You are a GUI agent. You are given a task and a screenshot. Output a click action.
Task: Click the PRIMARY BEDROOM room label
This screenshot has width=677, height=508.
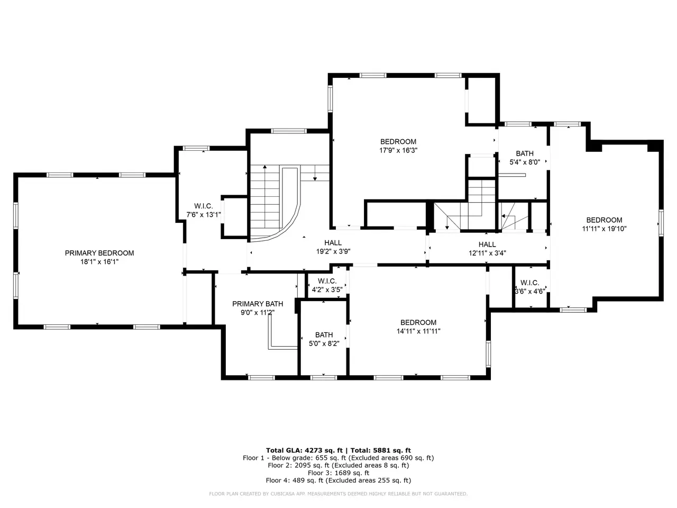[99, 253]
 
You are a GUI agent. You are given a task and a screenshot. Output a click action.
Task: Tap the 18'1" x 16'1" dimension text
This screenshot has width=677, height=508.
[99, 262]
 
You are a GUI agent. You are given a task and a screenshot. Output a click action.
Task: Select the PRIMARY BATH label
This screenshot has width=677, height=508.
[258, 304]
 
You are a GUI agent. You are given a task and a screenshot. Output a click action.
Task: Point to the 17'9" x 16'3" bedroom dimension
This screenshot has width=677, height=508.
[398, 150]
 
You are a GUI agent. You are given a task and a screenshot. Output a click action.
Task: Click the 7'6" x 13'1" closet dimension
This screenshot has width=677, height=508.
[204, 215]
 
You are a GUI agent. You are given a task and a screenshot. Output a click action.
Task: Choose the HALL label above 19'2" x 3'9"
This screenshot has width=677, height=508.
[333, 243]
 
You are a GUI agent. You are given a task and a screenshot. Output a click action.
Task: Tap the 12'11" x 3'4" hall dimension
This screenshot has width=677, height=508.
[487, 253]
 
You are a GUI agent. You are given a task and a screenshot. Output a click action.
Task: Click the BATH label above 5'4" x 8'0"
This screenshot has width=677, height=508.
[525, 153]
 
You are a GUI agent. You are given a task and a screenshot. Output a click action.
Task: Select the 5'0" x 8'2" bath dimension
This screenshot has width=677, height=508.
[324, 343]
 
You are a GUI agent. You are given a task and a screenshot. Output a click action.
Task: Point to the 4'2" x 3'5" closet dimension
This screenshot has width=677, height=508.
[327, 290]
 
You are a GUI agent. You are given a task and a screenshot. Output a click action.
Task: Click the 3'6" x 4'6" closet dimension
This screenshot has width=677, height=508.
[530, 291]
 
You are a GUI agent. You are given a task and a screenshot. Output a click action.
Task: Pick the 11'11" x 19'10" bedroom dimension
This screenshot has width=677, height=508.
[604, 229]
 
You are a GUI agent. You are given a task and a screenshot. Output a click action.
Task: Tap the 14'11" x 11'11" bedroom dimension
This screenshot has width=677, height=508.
[418, 331]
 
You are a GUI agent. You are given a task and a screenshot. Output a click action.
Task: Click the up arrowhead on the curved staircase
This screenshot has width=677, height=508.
[264, 167]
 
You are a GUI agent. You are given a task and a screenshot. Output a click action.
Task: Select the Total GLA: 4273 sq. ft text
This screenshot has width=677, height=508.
[304, 450]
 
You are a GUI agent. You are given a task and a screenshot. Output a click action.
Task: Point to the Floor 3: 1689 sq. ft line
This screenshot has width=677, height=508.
[338, 473]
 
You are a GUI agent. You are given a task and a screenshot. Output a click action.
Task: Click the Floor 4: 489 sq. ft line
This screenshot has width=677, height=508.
[338, 480]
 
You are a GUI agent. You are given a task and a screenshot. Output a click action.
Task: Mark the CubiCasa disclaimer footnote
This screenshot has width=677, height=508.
[338, 494]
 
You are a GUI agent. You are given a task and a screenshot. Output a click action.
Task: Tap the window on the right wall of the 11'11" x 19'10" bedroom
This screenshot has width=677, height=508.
[661, 223]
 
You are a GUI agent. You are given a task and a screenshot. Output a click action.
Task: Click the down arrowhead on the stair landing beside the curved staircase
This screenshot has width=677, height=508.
[315, 178]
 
